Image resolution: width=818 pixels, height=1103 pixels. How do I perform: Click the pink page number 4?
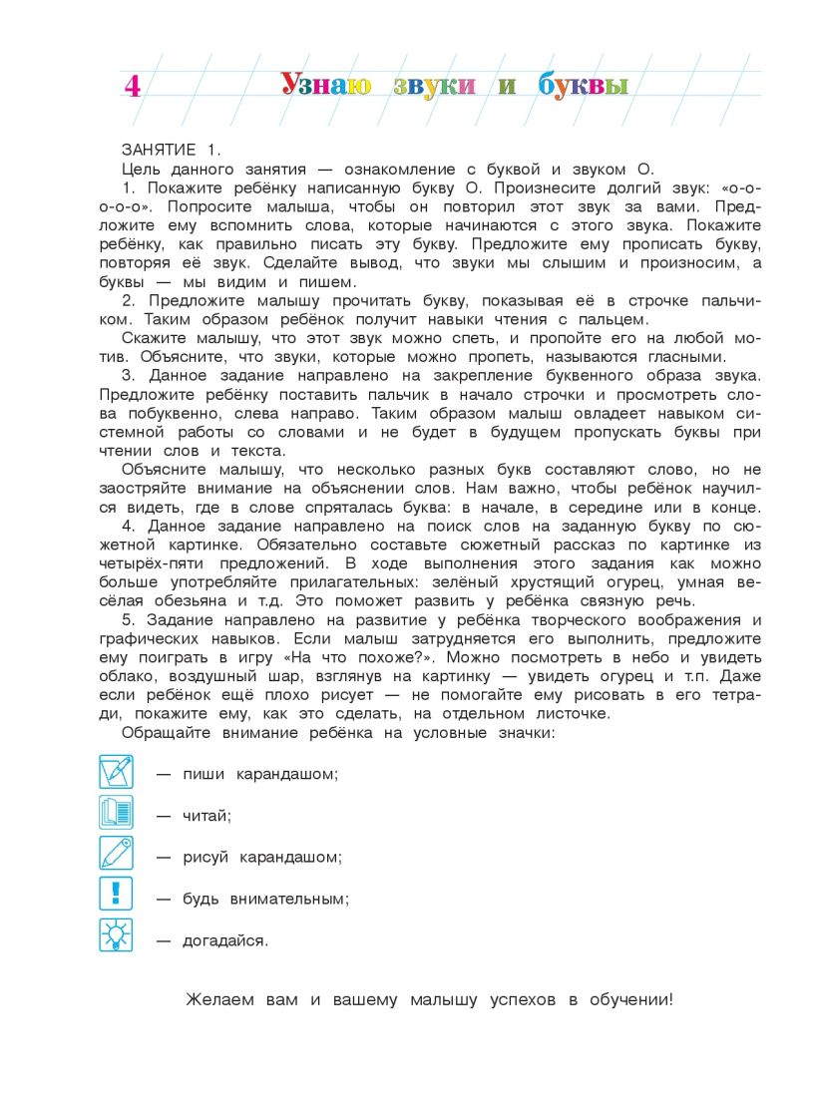pos(132,87)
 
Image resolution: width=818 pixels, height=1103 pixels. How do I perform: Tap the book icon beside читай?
pos(116,813)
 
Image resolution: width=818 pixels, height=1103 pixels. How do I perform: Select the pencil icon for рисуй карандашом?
pos(116,855)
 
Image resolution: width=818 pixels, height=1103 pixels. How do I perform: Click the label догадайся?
pos(225,940)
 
